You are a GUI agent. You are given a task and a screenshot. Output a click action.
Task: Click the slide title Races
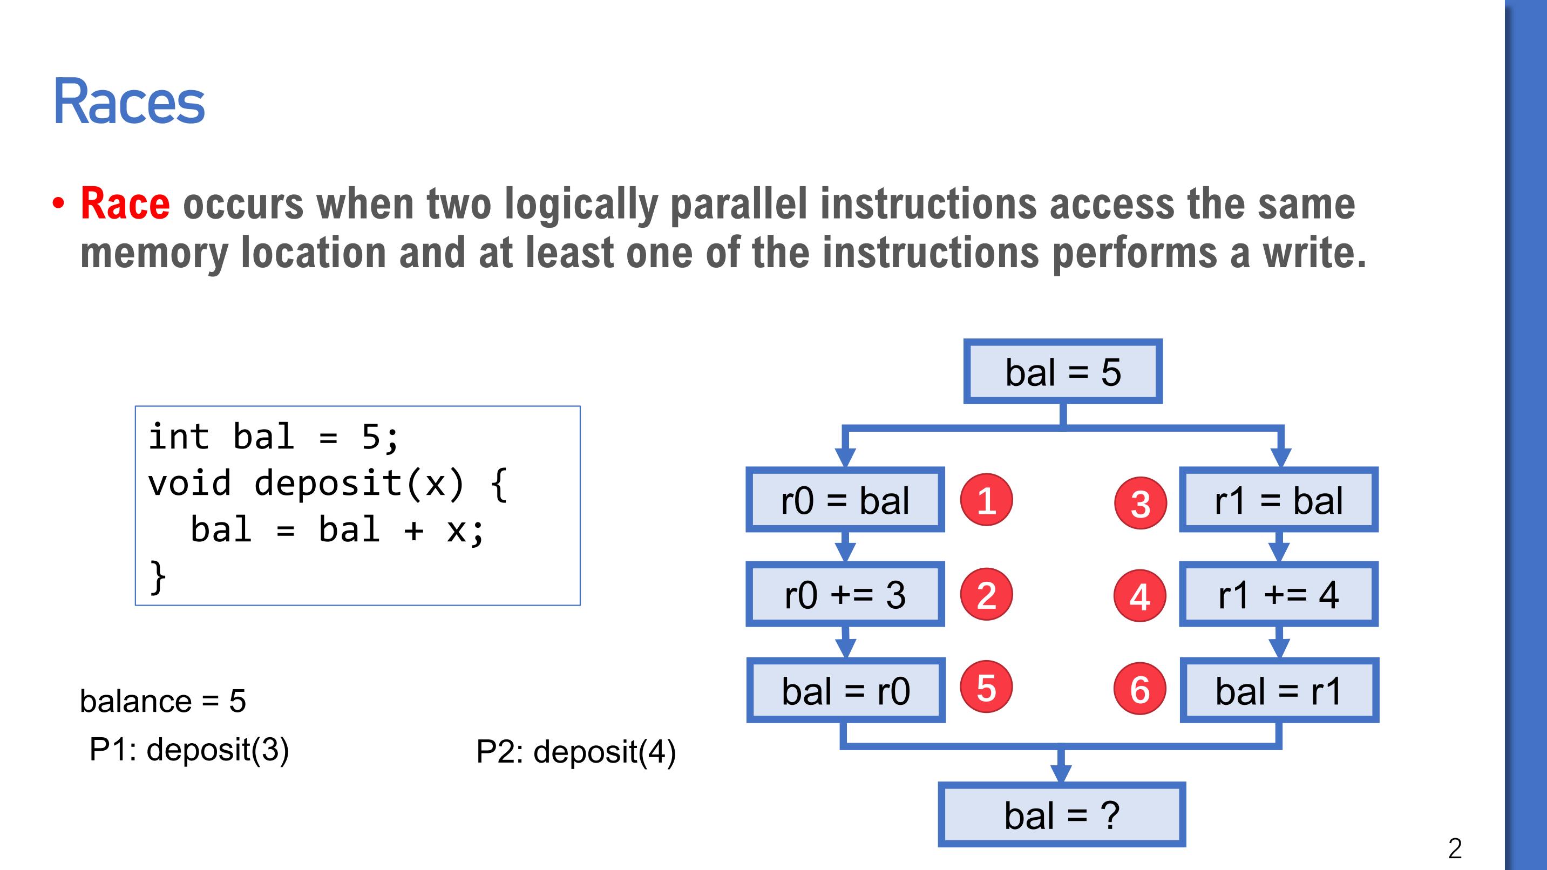(x=129, y=102)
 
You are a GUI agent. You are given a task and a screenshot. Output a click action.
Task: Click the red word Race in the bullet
(x=125, y=203)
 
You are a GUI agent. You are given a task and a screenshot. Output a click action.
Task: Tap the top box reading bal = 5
(x=1063, y=372)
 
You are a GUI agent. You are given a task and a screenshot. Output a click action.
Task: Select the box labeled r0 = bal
(x=845, y=500)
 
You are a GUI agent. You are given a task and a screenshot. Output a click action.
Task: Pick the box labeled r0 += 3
(x=845, y=594)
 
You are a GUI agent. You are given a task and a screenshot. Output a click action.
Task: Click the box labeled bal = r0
(x=846, y=690)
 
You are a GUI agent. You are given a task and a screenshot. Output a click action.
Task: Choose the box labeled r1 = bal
(x=1279, y=500)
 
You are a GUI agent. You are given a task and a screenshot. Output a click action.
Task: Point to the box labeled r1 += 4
(x=1279, y=594)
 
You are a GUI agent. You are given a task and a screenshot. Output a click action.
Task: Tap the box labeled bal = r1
(x=1279, y=690)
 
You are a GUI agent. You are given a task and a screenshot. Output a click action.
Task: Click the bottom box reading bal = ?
(x=1062, y=815)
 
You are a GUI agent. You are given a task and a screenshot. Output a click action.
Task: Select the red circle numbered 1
(x=987, y=500)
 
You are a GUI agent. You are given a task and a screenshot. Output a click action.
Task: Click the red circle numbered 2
(x=987, y=594)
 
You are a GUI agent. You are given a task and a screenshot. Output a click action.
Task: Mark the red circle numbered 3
(x=1141, y=502)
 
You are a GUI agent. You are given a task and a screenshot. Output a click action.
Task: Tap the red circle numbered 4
(x=1140, y=596)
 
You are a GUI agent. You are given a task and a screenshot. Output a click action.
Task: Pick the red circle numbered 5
(x=987, y=687)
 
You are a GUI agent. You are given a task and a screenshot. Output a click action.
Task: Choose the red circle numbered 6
(x=1140, y=689)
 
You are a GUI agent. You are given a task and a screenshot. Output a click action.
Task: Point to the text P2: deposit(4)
(x=576, y=752)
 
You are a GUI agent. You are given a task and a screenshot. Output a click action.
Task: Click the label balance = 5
(x=163, y=701)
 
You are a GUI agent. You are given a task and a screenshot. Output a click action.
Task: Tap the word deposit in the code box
(x=328, y=484)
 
